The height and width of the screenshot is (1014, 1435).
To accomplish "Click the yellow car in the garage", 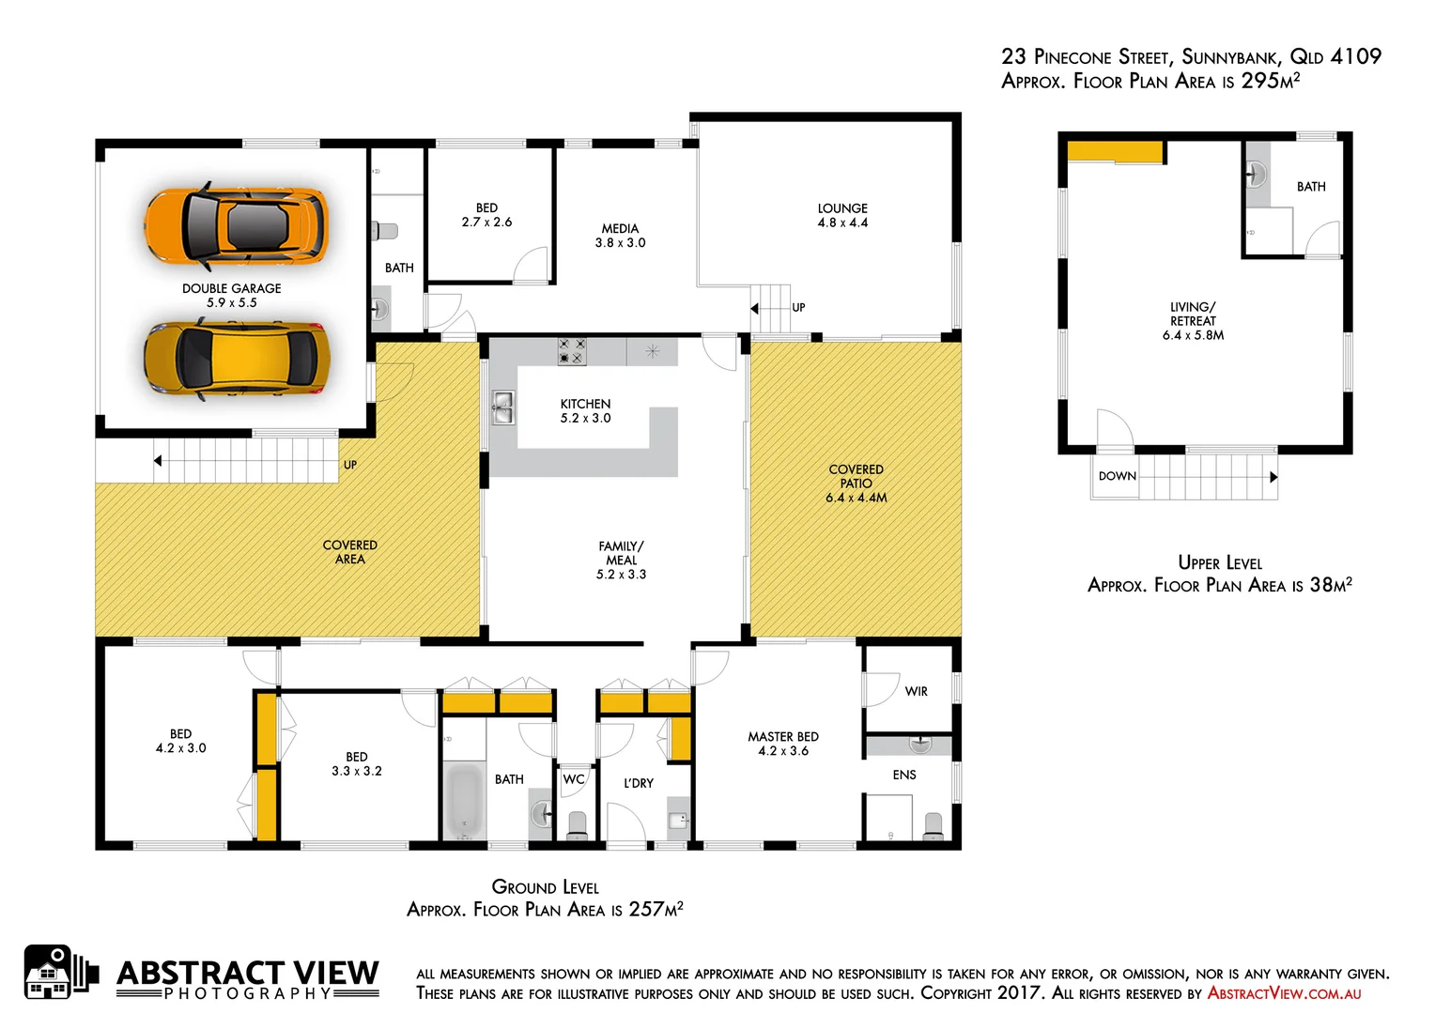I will click(x=236, y=360).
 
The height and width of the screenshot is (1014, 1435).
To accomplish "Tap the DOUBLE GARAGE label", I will click(x=231, y=288).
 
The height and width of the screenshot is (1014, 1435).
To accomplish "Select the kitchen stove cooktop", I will click(x=572, y=351).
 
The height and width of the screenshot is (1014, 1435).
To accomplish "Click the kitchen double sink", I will click(x=502, y=407).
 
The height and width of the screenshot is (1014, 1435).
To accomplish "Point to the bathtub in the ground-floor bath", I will click(x=463, y=801).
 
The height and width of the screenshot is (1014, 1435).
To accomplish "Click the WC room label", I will click(x=574, y=779).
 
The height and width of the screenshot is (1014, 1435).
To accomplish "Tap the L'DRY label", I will click(x=639, y=783).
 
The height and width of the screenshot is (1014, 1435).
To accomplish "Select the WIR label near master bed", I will click(x=916, y=691).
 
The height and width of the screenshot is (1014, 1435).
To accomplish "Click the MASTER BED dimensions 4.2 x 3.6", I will click(x=783, y=751).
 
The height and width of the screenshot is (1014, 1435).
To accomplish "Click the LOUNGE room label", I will click(x=842, y=208).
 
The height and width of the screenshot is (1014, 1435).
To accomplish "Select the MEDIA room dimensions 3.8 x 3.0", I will click(x=620, y=243).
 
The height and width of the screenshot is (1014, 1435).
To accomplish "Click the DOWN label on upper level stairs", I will click(x=1117, y=476).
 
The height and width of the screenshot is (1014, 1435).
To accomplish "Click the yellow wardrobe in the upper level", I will click(x=1115, y=151).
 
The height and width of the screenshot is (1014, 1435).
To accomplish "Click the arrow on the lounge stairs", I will click(x=754, y=308).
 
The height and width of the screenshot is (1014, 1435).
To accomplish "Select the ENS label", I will click(x=904, y=775).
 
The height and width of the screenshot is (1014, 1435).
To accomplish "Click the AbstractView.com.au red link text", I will click(x=1284, y=993).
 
